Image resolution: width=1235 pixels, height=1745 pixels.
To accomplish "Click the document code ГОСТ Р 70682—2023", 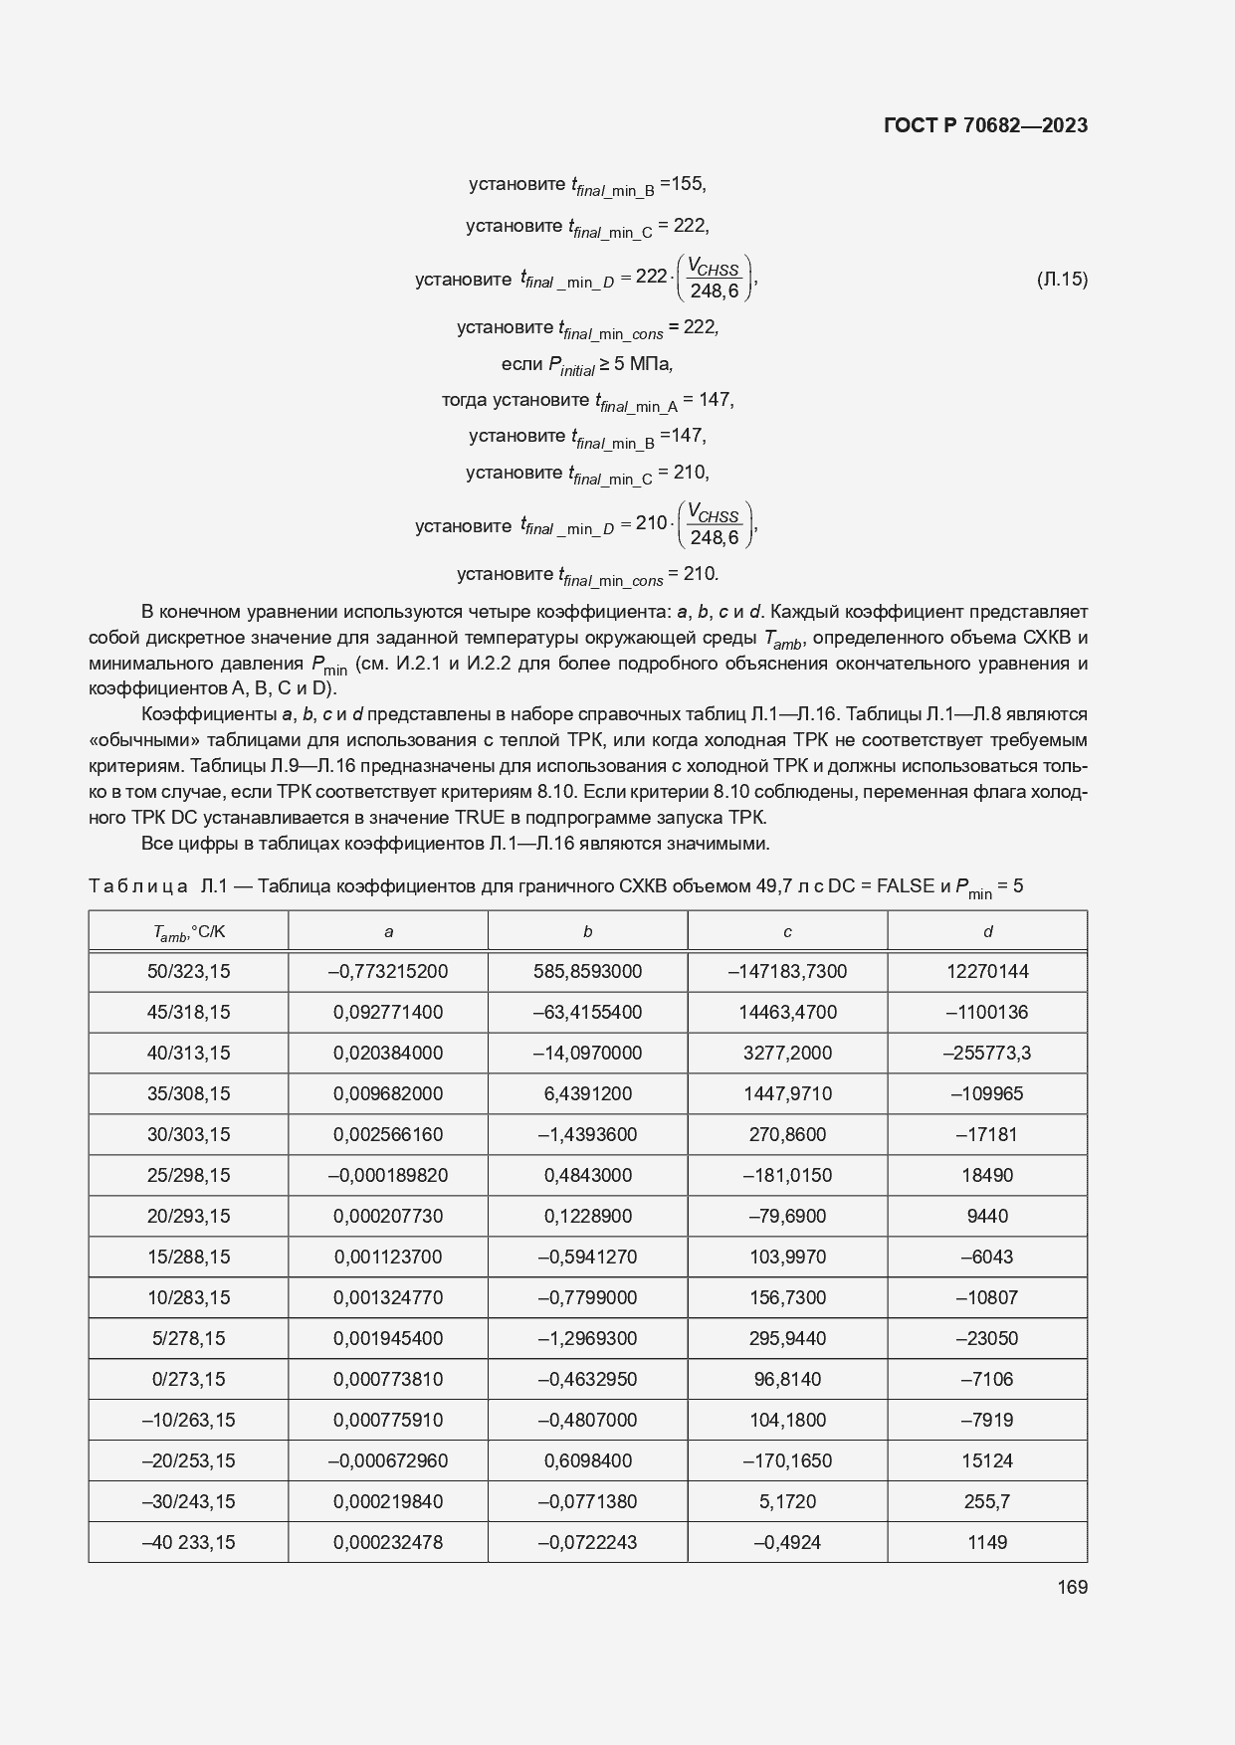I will [984, 125].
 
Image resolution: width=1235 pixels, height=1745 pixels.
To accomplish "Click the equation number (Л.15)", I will [1062, 280].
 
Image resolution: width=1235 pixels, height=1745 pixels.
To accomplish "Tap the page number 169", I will [1072, 1587].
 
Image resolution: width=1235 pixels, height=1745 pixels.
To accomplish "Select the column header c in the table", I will [787, 932].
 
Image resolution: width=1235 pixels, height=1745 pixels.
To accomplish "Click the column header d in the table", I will [987, 932].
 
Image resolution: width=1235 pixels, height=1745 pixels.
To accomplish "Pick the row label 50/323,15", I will [189, 972].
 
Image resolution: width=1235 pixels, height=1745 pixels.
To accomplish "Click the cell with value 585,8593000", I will [587, 972].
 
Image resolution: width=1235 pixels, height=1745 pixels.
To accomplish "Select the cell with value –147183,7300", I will [787, 972].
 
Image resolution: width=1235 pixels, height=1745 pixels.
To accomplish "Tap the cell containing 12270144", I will [987, 972].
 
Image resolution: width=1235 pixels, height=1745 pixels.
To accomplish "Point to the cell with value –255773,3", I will [987, 1054].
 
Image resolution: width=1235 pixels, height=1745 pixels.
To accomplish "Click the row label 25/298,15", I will [189, 1176].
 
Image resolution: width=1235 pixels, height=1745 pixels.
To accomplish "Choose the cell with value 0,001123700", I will [388, 1258].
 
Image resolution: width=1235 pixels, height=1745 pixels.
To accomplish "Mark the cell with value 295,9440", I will [787, 1339].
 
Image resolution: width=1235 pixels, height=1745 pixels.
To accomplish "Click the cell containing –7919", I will [987, 1421].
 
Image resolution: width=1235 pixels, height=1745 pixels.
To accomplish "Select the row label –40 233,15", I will [189, 1543].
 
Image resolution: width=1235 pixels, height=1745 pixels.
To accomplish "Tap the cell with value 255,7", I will [987, 1502].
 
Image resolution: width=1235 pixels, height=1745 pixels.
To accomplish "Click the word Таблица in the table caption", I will [138, 886].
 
